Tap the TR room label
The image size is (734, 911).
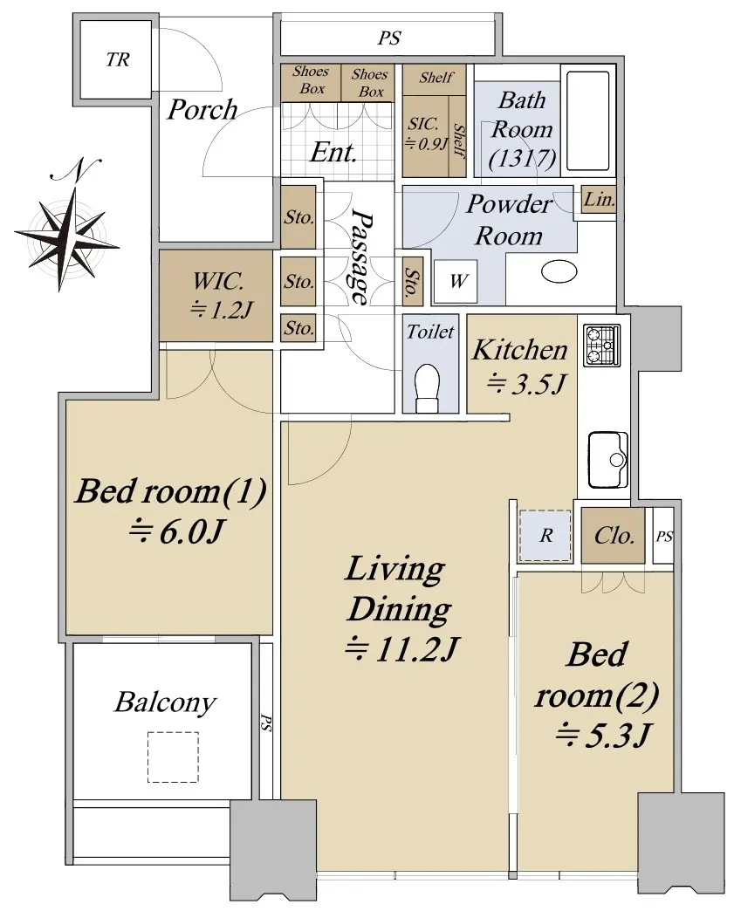(x=118, y=59)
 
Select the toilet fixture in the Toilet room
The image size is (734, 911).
(x=427, y=388)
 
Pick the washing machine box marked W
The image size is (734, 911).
(x=455, y=281)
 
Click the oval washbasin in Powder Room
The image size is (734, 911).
(x=559, y=271)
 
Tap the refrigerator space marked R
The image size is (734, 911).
(x=545, y=536)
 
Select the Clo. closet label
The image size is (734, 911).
(x=614, y=535)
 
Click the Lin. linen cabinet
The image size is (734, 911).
(x=600, y=199)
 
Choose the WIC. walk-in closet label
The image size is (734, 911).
(x=218, y=282)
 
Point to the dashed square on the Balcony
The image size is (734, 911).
(x=173, y=757)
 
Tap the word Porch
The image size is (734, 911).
(x=202, y=110)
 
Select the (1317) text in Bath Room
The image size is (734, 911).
(x=522, y=158)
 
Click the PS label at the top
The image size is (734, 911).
(x=389, y=38)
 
